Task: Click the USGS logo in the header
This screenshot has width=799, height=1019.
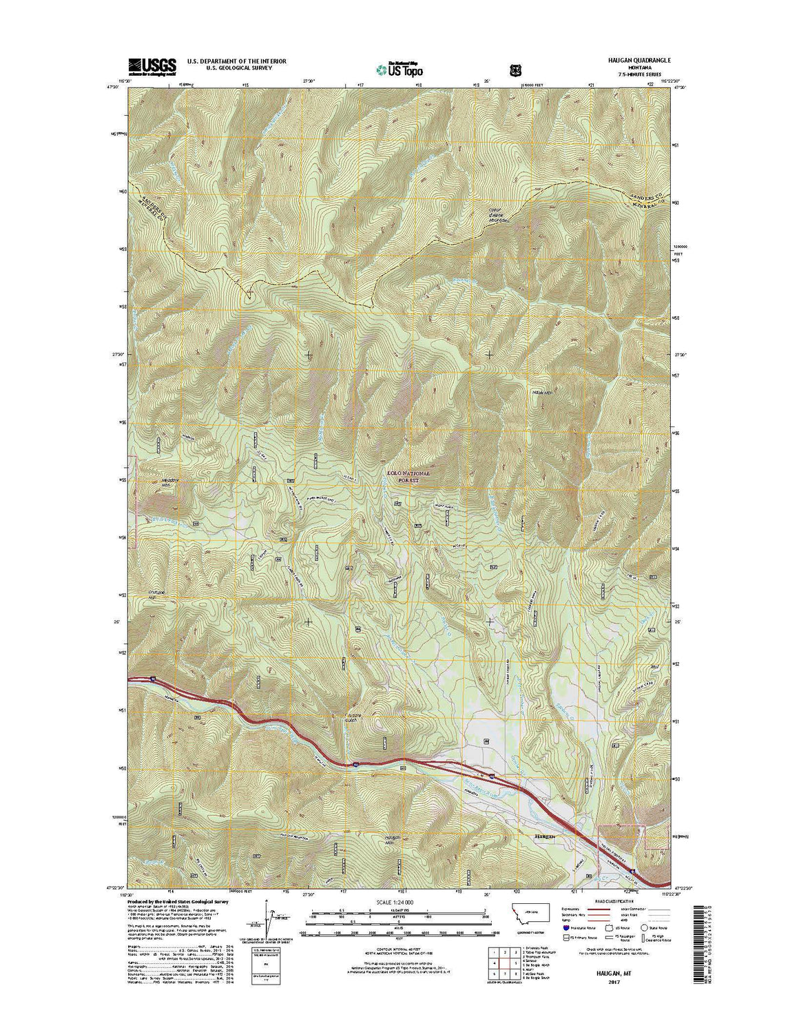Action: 152,65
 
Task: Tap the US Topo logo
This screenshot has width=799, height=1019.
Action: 399,69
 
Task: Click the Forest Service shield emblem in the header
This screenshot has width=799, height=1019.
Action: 515,70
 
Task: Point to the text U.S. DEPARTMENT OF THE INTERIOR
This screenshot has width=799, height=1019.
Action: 237,61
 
